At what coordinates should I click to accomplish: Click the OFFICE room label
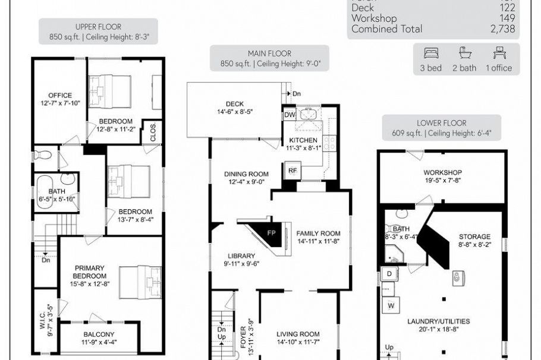(x=61, y=95)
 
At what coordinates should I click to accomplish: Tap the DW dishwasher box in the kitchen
(x=290, y=115)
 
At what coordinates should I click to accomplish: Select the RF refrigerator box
(x=292, y=170)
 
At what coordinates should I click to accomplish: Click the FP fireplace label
(x=271, y=232)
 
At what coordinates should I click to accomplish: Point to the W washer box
(x=391, y=306)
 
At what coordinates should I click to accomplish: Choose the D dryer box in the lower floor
(x=390, y=274)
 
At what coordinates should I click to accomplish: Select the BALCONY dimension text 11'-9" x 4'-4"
(x=99, y=342)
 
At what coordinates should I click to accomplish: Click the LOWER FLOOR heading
(x=441, y=123)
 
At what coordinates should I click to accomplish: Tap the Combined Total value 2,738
(x=502, y=29)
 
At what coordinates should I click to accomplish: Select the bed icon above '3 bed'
(x=431, y=53)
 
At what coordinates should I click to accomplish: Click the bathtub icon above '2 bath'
(x=464, y=53)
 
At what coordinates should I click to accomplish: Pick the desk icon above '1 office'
(x=498, y=53)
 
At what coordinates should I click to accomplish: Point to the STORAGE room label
(x=474, y=236)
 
